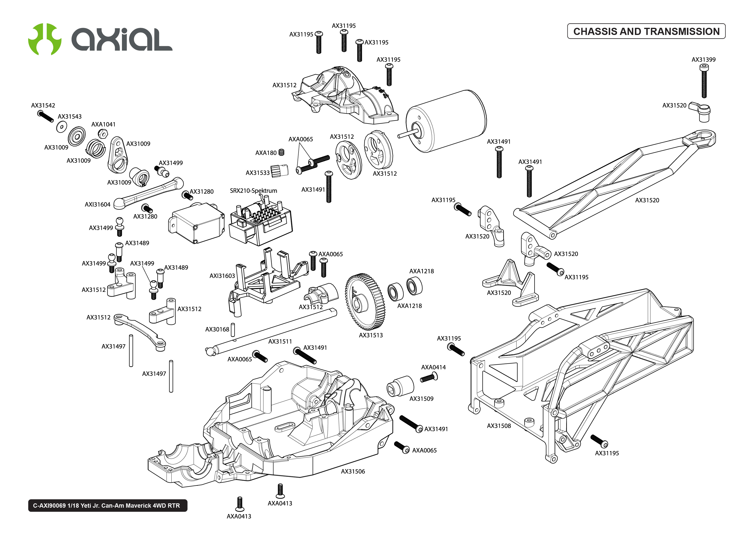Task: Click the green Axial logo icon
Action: coord(44,39)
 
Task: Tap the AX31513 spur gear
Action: coord(365,301)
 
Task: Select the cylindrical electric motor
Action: coord(446,121)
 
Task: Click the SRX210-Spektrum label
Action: coord(253,191)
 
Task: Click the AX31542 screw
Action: coord(45,116)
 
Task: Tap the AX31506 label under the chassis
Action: coord(353,471)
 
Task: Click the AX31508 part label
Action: coord(499,426)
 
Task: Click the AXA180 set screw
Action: coord(281,152)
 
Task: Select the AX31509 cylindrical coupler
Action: coord(400,386)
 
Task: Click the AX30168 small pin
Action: coord(232,329)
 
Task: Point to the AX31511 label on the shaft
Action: coord(280,342)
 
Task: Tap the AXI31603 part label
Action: coord(222,276)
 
